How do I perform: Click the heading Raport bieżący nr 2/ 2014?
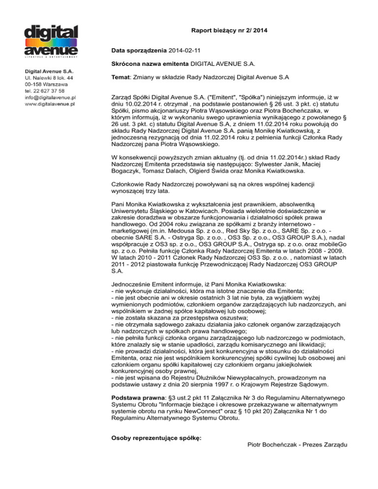[x=229, y=31]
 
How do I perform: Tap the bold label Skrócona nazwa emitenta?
[x=150, y=64]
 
